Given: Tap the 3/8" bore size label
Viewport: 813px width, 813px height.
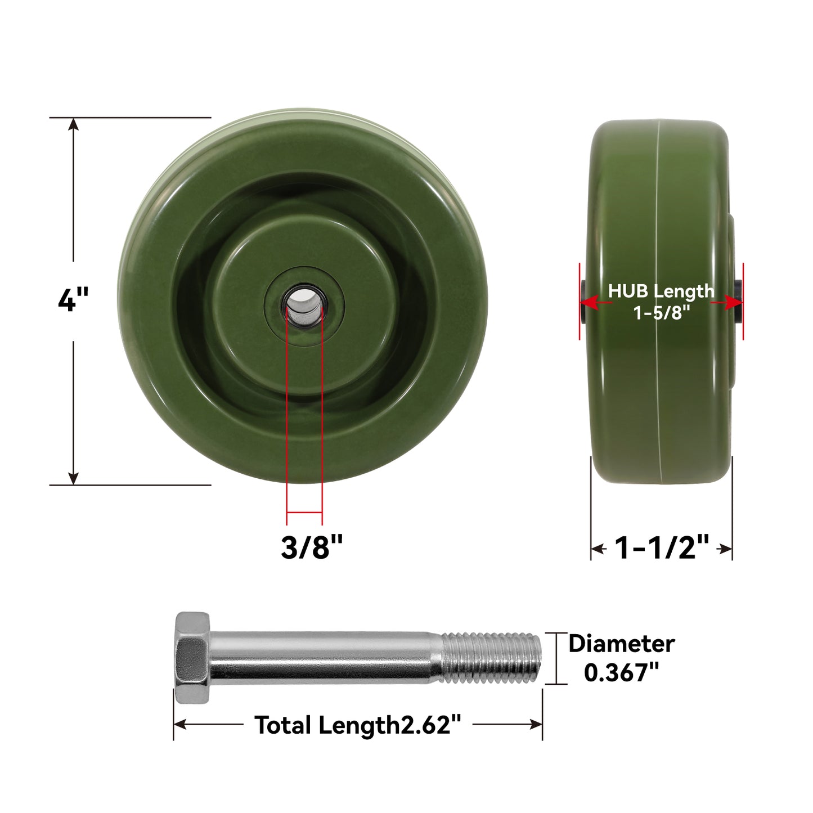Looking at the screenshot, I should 312,546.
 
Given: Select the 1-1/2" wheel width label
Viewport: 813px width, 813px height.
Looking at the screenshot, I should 662,547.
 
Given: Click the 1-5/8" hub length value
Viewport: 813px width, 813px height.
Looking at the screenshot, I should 662,312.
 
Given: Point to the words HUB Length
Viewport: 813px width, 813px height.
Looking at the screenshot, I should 661,291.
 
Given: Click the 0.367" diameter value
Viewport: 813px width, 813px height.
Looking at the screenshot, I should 621,672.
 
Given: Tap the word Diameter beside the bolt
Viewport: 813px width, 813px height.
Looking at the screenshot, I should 621,644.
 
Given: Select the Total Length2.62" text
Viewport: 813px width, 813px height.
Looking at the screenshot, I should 358,725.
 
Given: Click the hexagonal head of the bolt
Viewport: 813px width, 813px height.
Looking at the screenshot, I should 192,657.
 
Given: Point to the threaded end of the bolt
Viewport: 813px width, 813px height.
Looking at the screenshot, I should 491,657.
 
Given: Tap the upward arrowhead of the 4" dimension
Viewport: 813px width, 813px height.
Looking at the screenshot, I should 73,125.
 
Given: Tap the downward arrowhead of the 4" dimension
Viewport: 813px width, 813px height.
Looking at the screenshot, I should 73,478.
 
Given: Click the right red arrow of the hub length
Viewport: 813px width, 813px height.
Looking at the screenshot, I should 734,303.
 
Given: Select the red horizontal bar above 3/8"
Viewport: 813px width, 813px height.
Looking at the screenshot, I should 304,513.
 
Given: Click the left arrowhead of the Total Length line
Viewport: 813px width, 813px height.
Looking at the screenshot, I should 180,724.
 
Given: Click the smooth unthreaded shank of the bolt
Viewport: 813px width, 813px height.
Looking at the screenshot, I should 324,657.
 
